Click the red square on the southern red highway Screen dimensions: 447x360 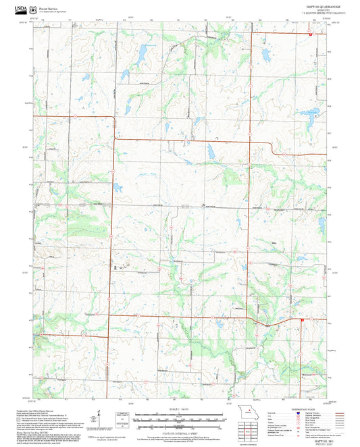coord(303,320)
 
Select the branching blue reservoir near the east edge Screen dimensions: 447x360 coord(307,113)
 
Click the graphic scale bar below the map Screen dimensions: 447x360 coord(165,419)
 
